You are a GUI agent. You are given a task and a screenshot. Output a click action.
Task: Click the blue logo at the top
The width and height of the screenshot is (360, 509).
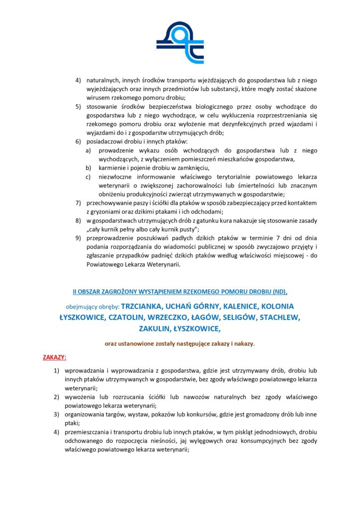click(180, 43)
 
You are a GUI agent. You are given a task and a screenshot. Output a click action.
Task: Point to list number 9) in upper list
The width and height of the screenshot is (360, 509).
click(78, 238)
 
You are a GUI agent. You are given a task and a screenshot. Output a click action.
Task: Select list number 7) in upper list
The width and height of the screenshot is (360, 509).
click(78, 203)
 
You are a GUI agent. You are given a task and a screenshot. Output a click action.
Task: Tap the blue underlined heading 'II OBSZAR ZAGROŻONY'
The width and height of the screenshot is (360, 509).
click(180, 290)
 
